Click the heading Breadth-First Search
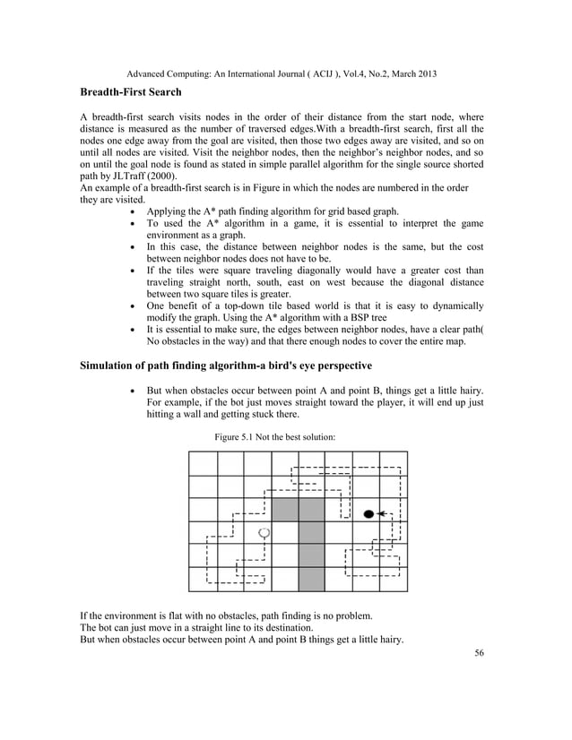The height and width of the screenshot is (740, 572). (130, 92)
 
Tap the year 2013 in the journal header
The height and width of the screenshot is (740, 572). (424, 73)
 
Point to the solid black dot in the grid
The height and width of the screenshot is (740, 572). (368, 514)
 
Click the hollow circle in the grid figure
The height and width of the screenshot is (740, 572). (264, 533)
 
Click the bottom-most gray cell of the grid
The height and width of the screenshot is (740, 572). (311, 579)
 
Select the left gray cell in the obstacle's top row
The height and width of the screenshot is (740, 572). (284, 510)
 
